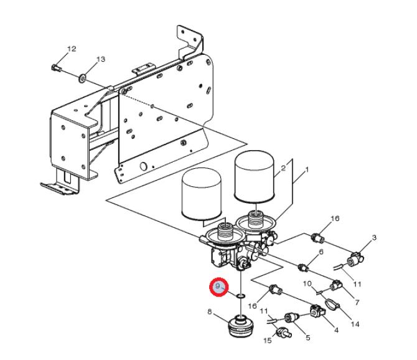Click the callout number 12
72,49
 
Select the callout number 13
101,59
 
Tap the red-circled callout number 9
218,287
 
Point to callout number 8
210,311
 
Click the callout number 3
374,237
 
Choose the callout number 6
321,252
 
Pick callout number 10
307,283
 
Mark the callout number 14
355,324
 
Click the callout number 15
268,340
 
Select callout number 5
308,338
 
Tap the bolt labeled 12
56,68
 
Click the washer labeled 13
82,78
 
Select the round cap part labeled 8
241,326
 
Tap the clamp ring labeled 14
332,304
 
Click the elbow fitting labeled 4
317,311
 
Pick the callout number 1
307,169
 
